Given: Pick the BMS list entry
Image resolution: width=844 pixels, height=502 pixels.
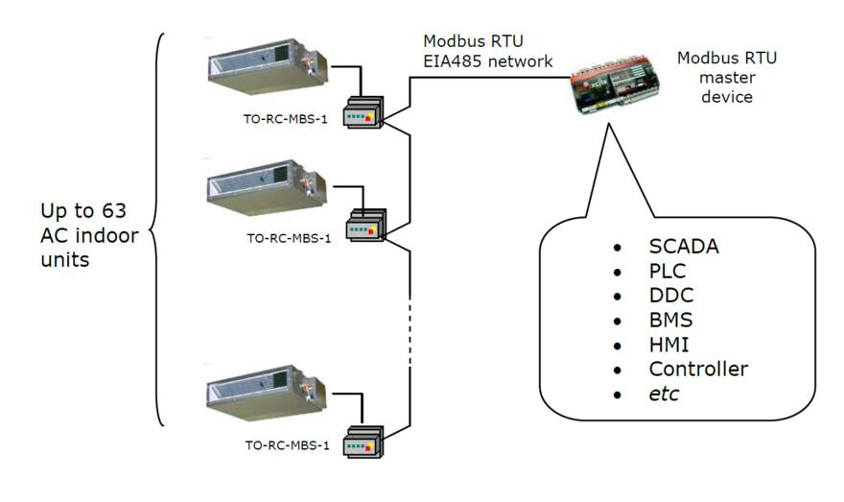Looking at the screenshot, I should point(670,320).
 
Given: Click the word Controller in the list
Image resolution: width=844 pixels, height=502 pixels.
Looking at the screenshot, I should point(698,369).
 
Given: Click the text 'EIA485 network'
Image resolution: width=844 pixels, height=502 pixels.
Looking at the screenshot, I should point(488,62).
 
